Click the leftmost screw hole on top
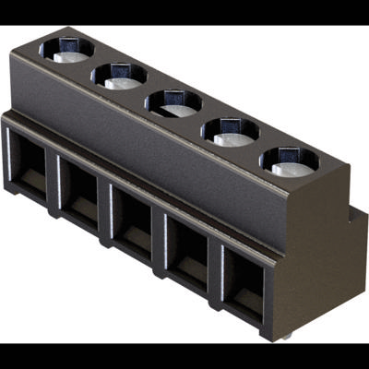coord(66,51)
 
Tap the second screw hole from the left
coord(120,76)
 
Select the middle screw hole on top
coord(173,102)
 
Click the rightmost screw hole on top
coord(288,161)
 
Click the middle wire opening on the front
coord(134,222)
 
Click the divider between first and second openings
coord(54,183)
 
